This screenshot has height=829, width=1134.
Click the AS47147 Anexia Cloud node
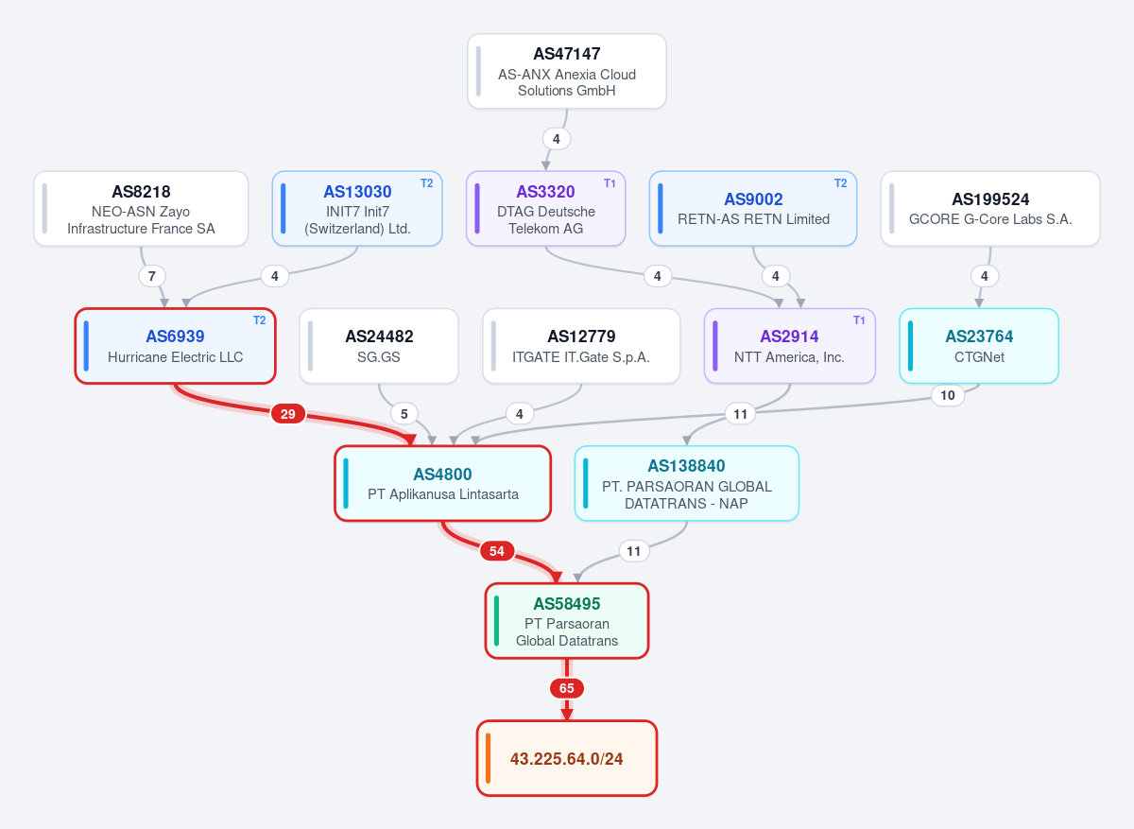tap(566, 71)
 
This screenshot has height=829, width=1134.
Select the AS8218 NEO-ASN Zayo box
tap(141, 209)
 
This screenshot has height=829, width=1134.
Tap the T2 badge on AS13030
tap(427, 183)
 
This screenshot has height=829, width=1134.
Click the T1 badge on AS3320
tap(610, 183)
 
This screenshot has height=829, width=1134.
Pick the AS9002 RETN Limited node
tap(753, 209)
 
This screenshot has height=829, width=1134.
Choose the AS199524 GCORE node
tap(990, 209)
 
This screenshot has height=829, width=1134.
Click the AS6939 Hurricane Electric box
tap(175, 346)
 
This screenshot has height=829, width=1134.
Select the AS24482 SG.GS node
tap(379, 346)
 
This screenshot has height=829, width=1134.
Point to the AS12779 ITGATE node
tap(581, 346)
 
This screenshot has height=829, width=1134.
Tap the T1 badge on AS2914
tap(859, 320)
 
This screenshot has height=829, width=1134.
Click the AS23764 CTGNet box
tap(979, 346)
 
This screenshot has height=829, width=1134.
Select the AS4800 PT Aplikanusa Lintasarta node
tap(442, 483)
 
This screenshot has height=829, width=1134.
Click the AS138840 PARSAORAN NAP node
tap(686, 483)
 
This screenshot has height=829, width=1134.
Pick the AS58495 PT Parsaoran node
tap(566, 621)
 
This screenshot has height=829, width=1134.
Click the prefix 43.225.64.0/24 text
tap(566, 759)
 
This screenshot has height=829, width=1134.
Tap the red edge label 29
tap(288, 414)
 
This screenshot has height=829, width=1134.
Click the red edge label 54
tap(497, 551)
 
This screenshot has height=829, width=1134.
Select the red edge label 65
tap(566, 688)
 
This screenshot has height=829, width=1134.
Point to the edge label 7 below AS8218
tap(152, 276)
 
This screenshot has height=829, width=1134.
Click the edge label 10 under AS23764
tap(947, 395)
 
